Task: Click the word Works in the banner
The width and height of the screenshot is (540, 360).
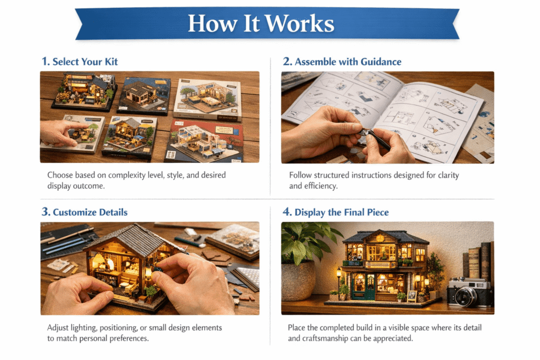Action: [x=300, y=24]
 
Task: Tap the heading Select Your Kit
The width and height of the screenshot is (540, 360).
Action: [x=85, y=62]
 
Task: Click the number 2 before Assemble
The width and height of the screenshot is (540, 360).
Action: [x=287, y=61]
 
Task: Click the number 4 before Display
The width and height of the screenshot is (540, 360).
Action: [x=287, y=212]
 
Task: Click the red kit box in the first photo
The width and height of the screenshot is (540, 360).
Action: [x=206, y=141]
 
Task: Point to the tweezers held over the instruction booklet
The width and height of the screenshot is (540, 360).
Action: [x=375, y=135]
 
